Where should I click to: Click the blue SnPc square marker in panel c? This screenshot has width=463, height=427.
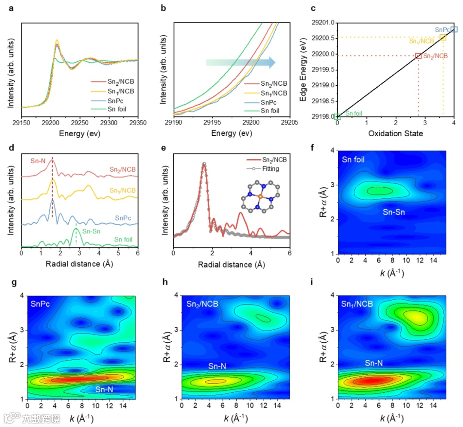[x=454, y=29]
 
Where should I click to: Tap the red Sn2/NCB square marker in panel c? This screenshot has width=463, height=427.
[x=418, y=56]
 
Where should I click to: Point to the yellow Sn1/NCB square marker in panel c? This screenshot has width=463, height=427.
[x=443, y=38]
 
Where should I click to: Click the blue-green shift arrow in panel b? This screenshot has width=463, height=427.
[x=240, y=63]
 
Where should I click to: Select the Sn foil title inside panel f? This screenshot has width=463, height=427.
[x=354, y=160]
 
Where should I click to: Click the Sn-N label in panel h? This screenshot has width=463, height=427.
[x=218, y=366]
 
